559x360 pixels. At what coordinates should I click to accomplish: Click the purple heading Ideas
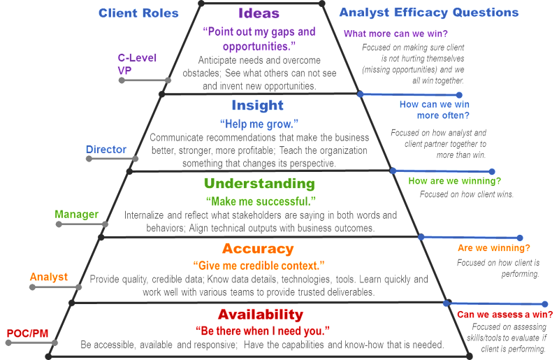(x=259, y=13)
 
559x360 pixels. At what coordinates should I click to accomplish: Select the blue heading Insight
(x=257, y=106)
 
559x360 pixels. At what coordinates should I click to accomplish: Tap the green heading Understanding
(x=259, y=183)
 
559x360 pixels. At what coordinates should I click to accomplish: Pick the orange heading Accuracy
(x=258, y=249)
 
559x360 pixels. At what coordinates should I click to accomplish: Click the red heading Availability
(x=261, y=315)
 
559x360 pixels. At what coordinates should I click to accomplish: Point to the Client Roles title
(x=138, y=13)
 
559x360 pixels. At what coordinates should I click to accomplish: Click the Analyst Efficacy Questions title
(x=429, y=13)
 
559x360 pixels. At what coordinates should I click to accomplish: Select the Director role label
(x=106, y=150)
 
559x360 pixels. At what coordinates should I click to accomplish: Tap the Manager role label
(x=77, y=214)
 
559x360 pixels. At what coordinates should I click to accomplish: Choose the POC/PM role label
(x=27, y=333)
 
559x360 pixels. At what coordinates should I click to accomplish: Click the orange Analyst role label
(x=49, y=277)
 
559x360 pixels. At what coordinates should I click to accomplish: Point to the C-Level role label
(x=137, y=58)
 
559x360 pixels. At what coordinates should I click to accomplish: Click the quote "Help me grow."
(x=259, y=124)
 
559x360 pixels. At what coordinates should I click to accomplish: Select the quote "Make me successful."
(x=261, y=201)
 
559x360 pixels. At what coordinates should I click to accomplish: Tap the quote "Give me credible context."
(x=259, y=266)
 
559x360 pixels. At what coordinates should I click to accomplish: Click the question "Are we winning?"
(x=494, y=248)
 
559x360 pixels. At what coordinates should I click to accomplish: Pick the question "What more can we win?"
(x=395, y=34)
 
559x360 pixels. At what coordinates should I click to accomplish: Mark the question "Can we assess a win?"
(x=505, y=315)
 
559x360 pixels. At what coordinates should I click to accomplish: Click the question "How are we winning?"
(x=455, y=181)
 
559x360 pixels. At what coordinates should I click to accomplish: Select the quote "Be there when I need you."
(x=263, y=331)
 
